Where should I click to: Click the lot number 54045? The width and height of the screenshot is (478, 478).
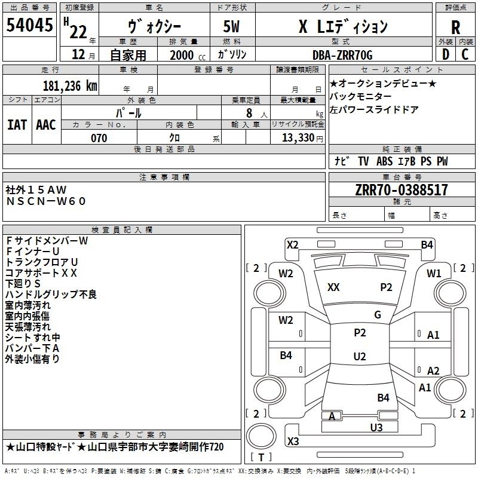[30, 24]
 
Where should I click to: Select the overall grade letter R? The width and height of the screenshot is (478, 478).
[455, 27]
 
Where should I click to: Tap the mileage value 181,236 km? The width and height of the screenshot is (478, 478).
[70, 85]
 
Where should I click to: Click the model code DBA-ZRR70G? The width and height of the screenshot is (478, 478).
[342, 55]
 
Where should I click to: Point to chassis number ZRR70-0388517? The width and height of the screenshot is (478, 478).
[402, 190]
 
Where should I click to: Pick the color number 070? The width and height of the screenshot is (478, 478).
[99, 138]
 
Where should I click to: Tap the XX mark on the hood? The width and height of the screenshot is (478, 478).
[333, 287]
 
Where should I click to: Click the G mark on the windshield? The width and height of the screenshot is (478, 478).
[378, 315]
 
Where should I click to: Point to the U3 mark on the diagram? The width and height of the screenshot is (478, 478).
[376, 428]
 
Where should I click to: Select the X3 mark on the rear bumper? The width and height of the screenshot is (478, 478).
[293, 441]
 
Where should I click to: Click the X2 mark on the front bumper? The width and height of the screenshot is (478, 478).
[293, 245]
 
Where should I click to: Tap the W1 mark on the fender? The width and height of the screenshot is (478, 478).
[434, 274]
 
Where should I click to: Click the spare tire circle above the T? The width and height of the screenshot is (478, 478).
[261, 436]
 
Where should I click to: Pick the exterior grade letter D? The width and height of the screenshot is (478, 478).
[446, 54]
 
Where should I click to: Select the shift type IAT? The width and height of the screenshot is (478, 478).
[17, 125]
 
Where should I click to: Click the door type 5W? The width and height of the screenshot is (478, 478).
[231, 26]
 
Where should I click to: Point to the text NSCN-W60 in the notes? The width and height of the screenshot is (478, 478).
[46, 201]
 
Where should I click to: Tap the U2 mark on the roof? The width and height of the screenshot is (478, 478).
[360, 356]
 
